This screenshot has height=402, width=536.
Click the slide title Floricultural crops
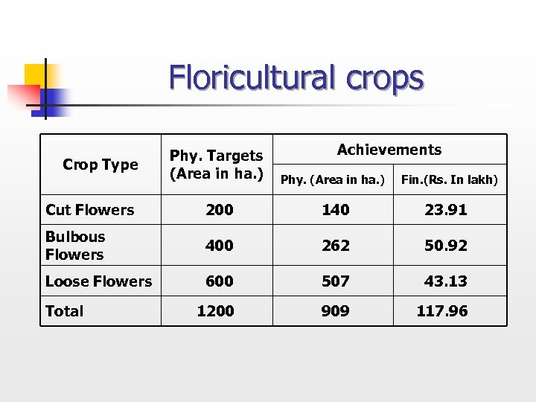pos(296,78)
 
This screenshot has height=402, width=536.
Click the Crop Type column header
pos(100,165)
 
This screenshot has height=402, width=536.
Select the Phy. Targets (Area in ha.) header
pos(216,165)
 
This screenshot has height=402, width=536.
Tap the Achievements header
pos(389,150)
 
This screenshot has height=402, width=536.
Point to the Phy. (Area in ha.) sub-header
pos(332,179)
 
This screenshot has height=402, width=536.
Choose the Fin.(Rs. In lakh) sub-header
pos(449,179)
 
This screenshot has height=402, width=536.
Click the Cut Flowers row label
pos(90,210)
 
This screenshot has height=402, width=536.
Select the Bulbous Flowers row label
pos(75,246)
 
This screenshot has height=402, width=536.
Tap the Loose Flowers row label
pos(98,281)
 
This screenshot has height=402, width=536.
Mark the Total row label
pos(65,311)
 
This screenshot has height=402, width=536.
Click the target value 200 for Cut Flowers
pos(219,210)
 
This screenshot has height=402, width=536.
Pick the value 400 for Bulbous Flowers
pos(219,246)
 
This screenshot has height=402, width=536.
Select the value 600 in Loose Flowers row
pos(219,281)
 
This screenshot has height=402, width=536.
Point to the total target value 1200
pos(215,311)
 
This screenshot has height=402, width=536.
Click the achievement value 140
pos(335,210)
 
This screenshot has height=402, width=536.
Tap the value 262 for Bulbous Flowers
pos(335,246)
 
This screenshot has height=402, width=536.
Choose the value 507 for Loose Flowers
pos(335,281)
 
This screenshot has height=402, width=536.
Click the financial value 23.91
pos(446,210)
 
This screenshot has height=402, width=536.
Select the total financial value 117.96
pos(442,311)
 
